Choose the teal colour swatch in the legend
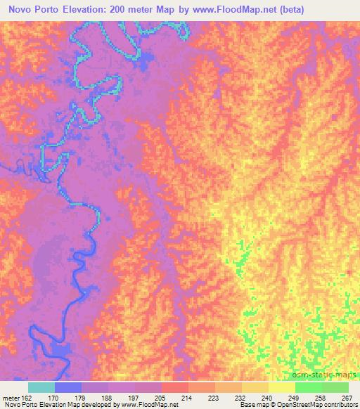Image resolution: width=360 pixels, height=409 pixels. [41, 387]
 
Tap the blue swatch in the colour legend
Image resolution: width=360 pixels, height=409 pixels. [68, 387]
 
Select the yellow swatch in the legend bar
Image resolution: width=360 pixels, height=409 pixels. [282, 387]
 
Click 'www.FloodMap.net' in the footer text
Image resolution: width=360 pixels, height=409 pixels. [148, 405]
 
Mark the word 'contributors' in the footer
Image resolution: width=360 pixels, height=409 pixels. [341, 405]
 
